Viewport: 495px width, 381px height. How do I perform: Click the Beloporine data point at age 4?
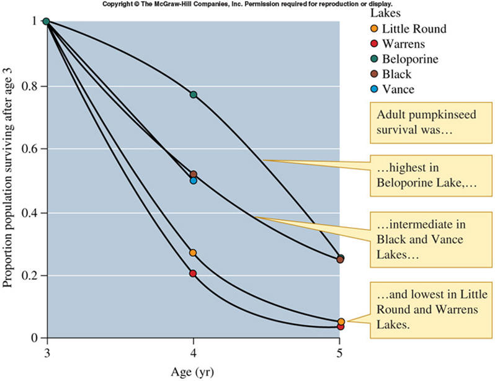(x=193, y=94)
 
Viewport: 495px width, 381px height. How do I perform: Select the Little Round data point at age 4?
(x=193, y=253)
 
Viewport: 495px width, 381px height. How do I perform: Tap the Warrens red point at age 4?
(x=193, y=273)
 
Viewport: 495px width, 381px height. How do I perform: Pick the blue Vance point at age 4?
(x=193, y=181)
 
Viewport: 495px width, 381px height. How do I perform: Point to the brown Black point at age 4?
(x=193, y=174)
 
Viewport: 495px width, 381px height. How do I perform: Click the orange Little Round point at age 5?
(x=341, y=321)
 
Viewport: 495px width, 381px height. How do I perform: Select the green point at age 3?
(x=46, y=22)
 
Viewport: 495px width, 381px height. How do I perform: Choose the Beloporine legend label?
(x=410, y=60)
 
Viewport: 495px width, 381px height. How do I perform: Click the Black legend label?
(x=396, y=74)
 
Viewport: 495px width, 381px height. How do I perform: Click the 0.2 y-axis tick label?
(x=29, y=276)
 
